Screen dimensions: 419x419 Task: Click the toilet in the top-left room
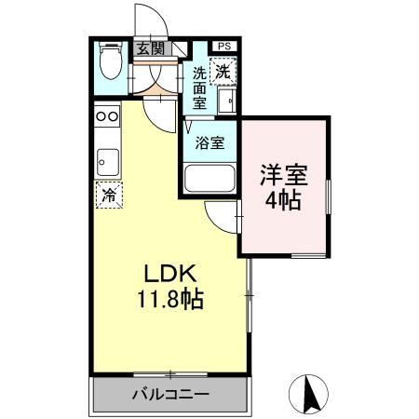[109, 66]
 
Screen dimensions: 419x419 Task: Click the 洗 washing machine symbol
[223, 69]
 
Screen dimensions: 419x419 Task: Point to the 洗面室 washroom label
[200, 88]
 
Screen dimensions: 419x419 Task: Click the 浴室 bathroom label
[209, 142]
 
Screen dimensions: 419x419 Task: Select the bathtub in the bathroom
[209, 178]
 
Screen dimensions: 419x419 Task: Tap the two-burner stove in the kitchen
[106, 117]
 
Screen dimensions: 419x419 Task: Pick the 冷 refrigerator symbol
[108, 196]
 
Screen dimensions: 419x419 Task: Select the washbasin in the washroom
[226, 98]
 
